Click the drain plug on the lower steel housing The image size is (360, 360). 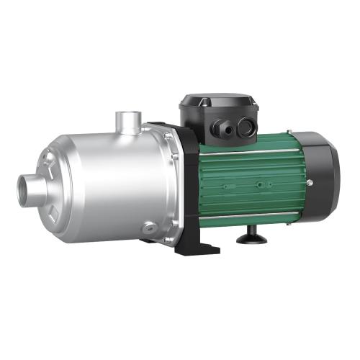pos(148,228)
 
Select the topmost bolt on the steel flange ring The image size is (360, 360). pos(168,136)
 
